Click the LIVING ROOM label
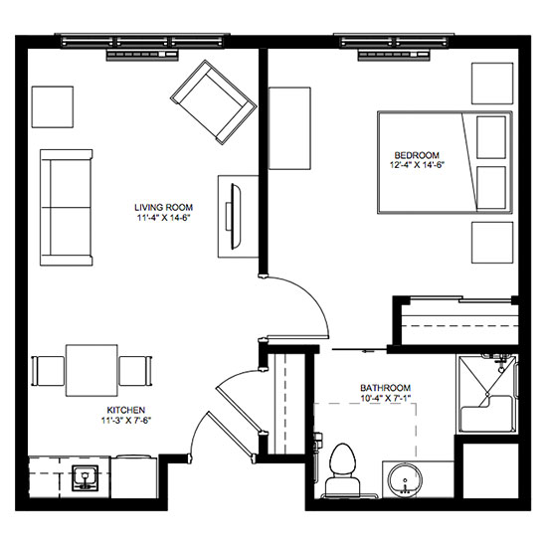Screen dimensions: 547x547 [x=164, y=207]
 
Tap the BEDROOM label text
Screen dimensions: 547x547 [x=417, y=155]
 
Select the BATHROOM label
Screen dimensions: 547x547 [x=385, y=388]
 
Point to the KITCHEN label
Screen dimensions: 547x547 [x=126, y=410]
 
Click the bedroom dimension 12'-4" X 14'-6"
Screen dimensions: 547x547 [x=417, y=165]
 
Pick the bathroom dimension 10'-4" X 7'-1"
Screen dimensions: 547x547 [x=386, y=398]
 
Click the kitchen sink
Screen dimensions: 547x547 [x=85, y=478]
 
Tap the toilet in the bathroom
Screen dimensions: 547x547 [x=342, y=469]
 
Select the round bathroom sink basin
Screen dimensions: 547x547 [x=406, y=479]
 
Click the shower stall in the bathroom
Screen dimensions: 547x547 [x=486, y=394]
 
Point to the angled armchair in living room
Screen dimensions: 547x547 [x=214, y=101]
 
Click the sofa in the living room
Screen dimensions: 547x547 [x=67, y=208]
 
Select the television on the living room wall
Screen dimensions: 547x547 [x=235, y=216]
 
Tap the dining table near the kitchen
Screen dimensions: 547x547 [x=91, y=370]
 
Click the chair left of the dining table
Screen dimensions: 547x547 [x=48, y=371]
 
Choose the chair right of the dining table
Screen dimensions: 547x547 [x=135, y=371]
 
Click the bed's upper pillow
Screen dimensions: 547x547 [x=491, y=137]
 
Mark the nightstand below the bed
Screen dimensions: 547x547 [x=492, y=243]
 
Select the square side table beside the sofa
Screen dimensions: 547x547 [x=53, y=107]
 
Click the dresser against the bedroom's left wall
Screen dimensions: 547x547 [x=289, y=128]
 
